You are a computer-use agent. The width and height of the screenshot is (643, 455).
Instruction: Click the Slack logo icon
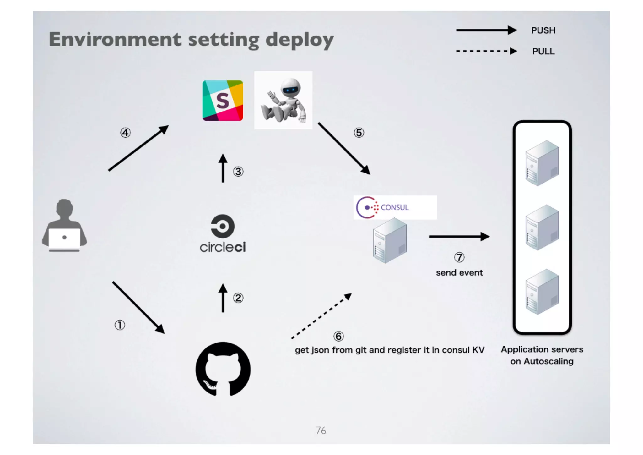(223, 101)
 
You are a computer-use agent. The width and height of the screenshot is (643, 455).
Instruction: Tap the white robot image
(283, 100)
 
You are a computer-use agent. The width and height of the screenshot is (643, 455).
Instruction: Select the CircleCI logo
(223, 233)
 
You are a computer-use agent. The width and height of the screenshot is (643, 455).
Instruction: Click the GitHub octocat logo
(223, 369)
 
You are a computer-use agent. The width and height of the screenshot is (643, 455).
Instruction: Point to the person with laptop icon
(64, 225)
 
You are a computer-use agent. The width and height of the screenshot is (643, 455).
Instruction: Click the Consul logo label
(395, 207)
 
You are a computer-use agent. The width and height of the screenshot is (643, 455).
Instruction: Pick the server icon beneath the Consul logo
(390, 241)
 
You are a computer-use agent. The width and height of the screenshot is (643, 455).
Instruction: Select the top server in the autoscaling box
(542, 163)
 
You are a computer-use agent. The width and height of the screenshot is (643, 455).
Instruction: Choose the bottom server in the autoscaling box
(542, 292)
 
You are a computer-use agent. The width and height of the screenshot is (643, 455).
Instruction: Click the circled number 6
(338, 336)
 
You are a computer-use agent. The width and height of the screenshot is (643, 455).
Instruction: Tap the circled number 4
(125, 133)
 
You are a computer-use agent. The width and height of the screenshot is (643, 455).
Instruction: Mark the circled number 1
(120, 325)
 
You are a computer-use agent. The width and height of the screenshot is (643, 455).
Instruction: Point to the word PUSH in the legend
(543, 30)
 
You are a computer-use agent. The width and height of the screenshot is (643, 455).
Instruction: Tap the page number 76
(321, 430)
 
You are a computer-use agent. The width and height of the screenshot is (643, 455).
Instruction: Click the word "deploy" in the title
(300, 40)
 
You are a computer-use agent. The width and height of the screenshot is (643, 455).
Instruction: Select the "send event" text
(459, 273)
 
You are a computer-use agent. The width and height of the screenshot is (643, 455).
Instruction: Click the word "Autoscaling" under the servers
(548, 361)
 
